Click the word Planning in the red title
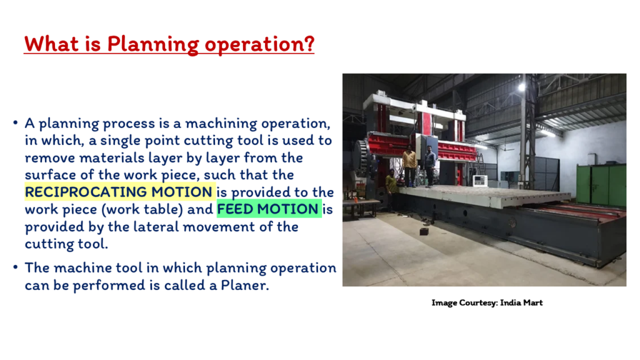point(153,44)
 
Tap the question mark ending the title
point(309,43)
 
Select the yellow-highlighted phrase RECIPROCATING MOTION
point(118,192)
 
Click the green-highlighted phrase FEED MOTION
point(267,209)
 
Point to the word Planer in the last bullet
point(245,285)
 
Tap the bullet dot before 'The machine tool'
point(16,267)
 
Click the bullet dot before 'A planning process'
point(16,122)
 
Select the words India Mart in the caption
point(521,302)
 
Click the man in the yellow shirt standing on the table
point(409,165)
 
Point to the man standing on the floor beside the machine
point(392,186)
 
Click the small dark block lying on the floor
point(424,232)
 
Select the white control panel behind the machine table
point(480,181)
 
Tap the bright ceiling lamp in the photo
point(522,86)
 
